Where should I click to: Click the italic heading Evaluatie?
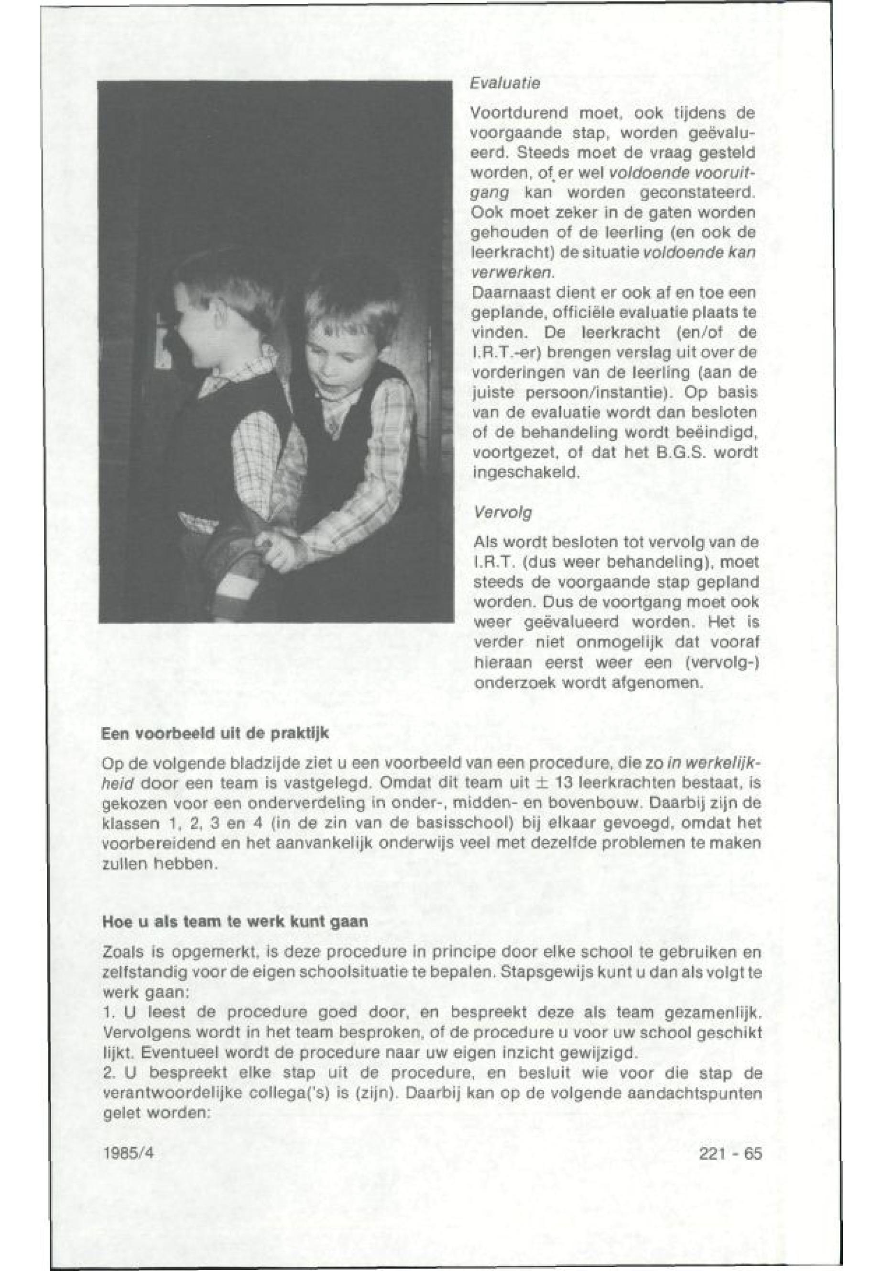[x=504, y=84]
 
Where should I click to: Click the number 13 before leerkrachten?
[x=549, y=786]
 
